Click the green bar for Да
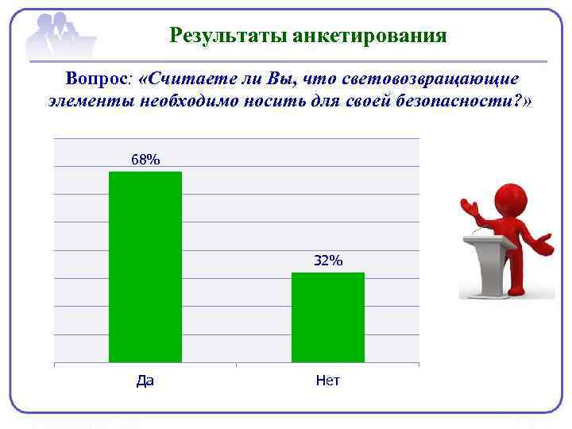pyautogui.click(x=145, y=267)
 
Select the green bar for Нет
pyautogui.click(x=327, y=317)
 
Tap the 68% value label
pyautogui.click(x=145, y=160)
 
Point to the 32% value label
pyautogui.click(x=327, y=261)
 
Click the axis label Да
pyautogui.click(x=145, y=381)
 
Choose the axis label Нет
pyautogui.click(x=327, y=381)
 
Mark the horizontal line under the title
pyautogui.click(x=318, y=61)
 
